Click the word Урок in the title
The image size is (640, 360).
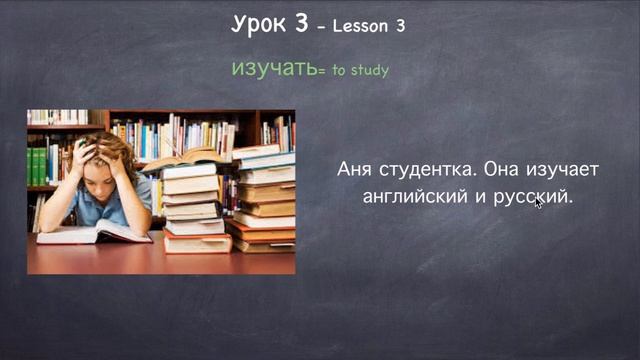(259, 25)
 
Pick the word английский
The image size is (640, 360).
(412, 196)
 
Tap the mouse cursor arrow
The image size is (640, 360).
(538, 202)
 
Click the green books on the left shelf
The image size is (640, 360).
(37, 165)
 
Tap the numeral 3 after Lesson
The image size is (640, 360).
(400, 27)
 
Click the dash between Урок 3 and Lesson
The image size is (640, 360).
(320, 28)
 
